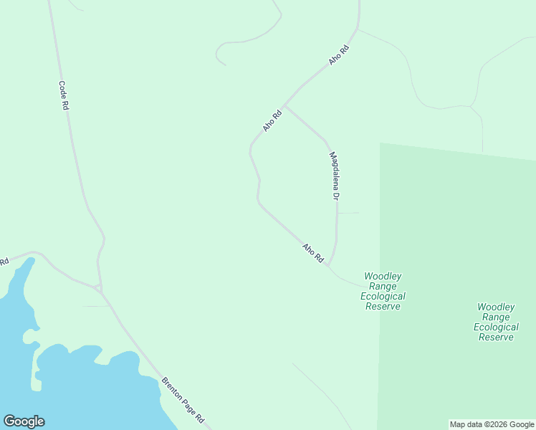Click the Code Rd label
(64, 95)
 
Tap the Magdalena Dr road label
(333, 175)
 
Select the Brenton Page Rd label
(183, 400)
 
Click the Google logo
(24, 421)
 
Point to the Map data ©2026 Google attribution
(492, 424)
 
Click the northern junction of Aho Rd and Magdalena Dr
(285, 107)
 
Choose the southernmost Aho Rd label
(313, 252)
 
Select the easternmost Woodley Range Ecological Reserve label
(496, 322)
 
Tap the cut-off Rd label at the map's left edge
(4, 262)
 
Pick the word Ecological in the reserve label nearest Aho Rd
(383, 296)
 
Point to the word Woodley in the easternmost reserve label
(496, 307)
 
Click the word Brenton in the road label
(171, 386)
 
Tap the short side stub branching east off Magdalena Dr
(348, 213)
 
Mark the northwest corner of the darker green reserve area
(380, 143)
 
